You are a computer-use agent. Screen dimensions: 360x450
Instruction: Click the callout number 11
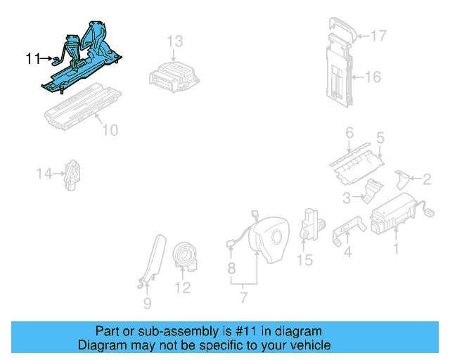33,59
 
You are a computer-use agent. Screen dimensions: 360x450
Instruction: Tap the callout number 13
174,41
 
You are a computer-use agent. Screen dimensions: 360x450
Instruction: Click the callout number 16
373,76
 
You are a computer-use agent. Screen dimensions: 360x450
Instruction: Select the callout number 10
110,130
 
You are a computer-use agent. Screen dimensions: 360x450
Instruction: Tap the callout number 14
45,172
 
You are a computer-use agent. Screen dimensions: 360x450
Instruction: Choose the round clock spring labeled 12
187,255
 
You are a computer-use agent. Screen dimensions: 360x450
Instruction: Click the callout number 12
182,288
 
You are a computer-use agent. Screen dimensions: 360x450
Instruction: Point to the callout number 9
147,304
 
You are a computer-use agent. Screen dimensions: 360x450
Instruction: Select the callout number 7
243,297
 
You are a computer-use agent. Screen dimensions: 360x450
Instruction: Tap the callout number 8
231,268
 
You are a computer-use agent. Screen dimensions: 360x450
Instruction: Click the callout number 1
395,248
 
